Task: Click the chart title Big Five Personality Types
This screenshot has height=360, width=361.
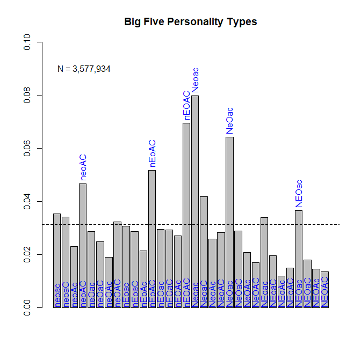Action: tap(191, 22)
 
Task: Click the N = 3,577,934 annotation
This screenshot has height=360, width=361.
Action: tap(84, 69)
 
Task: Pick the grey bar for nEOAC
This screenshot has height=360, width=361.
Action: tap(186, 215)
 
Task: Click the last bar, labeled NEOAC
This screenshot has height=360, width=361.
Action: tap(324, 290)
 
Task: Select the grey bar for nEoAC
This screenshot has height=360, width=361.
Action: tap(152, 239)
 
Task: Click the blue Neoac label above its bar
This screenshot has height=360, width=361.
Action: tap(196, 80)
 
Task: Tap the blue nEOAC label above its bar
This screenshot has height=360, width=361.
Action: tap(186, 106)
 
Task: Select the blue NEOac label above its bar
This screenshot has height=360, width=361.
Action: tap(299, 194)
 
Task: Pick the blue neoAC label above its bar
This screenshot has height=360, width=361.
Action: tap(83, 167)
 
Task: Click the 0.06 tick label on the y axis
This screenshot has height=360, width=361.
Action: tap(27, 148)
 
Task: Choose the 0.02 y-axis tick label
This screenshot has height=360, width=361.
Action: tap(27, 254)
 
